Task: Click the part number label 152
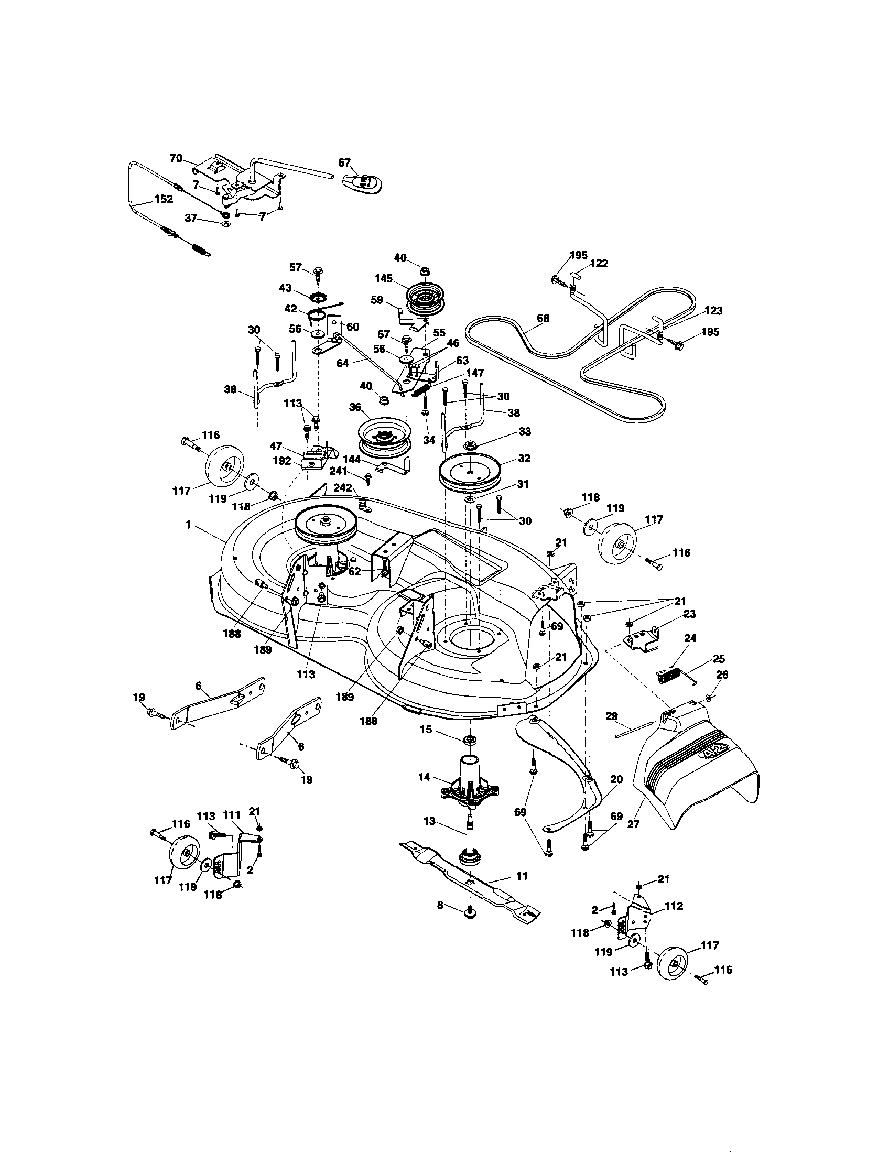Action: [x=164, y=200]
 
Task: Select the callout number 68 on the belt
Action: [x=543, y=318]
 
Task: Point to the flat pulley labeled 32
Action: [x=469, y=472]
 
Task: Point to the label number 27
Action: [x=633, y=824]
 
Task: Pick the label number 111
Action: [x=231, y=831]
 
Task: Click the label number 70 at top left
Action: [x=175, y=157]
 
